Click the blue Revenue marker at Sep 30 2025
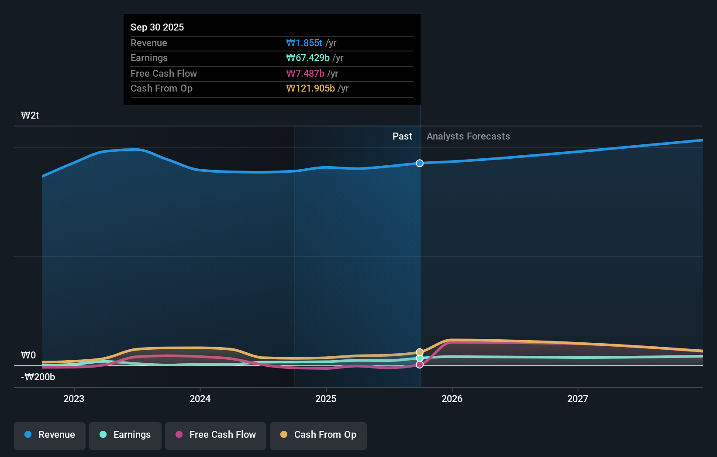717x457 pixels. pos(420,163)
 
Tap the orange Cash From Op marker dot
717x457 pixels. pos(420,352)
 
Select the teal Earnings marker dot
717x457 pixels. pos(420,358)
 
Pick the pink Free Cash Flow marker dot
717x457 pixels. pos(420,365)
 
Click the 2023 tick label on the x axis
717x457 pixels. pos(74,399)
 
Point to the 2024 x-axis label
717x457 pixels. pos(200,399)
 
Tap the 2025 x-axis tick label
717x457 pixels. pos(326,399)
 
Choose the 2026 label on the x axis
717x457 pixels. pos(452,399)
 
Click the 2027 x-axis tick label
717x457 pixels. pos(578,399)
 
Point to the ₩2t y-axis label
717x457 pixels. pos(30,116)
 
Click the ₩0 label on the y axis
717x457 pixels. pos(28,355)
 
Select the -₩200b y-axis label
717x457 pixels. pos(38,377)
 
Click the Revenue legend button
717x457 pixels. pos(50,435)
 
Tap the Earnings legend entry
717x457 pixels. pos(125,435)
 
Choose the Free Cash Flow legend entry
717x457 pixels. pos(216,435)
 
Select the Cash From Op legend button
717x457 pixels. pos(318,435)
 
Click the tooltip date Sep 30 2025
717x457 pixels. pos(157,27)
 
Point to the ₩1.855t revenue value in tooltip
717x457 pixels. pos(304,43)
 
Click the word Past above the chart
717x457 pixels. pos(402,136)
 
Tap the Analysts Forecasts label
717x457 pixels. pos(468,136)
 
